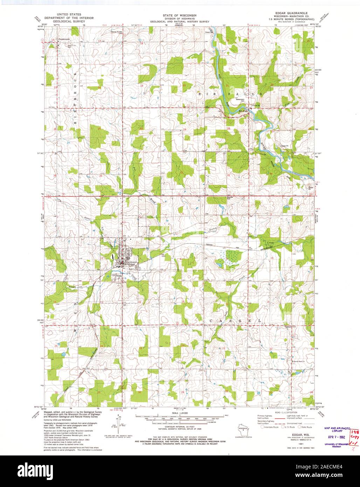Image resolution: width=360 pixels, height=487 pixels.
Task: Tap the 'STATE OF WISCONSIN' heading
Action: pos(179,16)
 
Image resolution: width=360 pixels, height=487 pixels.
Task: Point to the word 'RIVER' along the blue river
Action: pos(263,147)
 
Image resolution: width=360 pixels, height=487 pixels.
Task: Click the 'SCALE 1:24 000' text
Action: pos(179,414)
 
